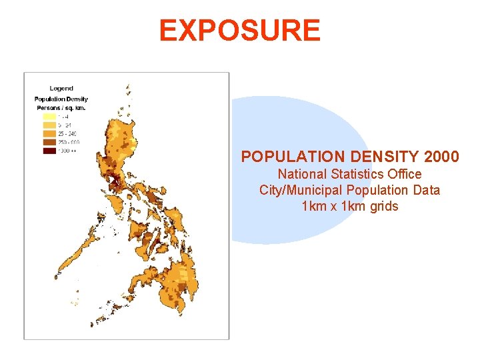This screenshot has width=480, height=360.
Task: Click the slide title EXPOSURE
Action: (240, 31)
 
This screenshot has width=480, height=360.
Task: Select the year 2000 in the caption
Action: (441, 157)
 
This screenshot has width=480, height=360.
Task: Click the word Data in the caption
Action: (427, 190)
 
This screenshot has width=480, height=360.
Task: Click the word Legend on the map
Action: (61, 88)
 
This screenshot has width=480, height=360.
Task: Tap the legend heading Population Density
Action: (61, 99)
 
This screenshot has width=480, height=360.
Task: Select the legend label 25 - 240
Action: (67, 133)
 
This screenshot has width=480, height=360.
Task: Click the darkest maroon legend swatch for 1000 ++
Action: (49, 151)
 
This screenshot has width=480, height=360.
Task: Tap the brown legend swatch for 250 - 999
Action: (49, 141)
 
